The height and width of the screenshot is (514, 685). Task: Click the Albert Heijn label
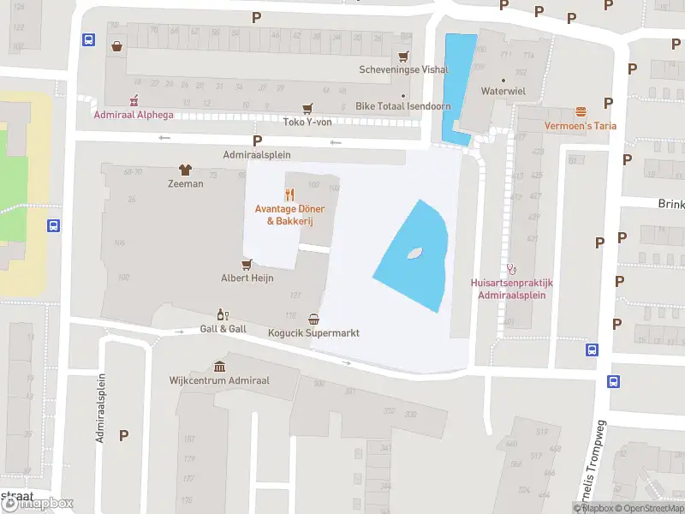coord(247,278)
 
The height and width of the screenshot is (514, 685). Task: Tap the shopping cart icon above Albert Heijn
coord(247,264)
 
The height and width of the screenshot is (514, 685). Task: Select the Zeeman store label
coord(186,184)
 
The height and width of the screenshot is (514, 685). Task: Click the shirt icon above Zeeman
coord(185,170)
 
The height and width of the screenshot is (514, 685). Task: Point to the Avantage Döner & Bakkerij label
coord(290,215)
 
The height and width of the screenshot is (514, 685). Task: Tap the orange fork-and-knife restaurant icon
coord(290,194)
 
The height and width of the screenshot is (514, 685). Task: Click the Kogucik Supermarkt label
coord(313,333)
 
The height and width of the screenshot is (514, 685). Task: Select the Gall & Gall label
coord(223,329)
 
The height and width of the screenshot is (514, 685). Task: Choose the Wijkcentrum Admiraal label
coord(219,380)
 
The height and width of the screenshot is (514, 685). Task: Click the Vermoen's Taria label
coord(581,126)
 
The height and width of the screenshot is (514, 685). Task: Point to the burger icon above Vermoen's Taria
coord(581,111)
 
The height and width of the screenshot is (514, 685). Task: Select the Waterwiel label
coord(503,90)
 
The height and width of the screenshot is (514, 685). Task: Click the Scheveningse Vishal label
coord(403,70)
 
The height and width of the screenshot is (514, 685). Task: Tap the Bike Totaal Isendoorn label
coord(402,107)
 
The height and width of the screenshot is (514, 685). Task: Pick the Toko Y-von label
coord(307,122)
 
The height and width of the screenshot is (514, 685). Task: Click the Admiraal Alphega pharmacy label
coord(133,115)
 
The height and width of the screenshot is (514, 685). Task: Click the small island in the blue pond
coord(414,253)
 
